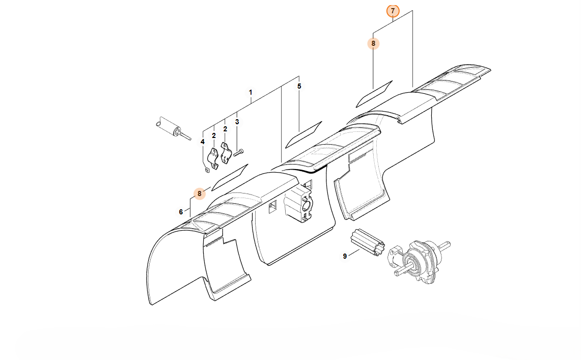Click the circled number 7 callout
pyautogui.click(x=393, y=11)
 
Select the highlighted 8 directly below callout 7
pyautogui.click(x=373, y=43)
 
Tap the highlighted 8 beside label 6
pyautogui.click(x=199, y=193)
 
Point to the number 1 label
pyautogui.click(x=251, y=92)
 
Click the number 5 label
pyautogui.click(x=299, y=86)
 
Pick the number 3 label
pyautogui.click(x=237, y=122)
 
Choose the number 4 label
pyautogui.click(x=202, y=142)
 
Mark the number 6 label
pyautogui.click(x=181, y=212)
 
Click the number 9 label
pyautogui.click(x=345, y=256)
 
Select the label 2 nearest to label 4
pyautogui.click(x=214, y=136)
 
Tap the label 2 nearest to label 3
pyautogui.click(x=225, y=129)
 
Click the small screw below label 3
pyautogui.click(x=238, y=152)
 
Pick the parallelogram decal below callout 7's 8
pyautogui.click(x=374, y=94)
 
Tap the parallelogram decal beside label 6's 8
pyautogui.click(x=229, y=177)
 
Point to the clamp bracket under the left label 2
pyautogui.click(x=213, y=159)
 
